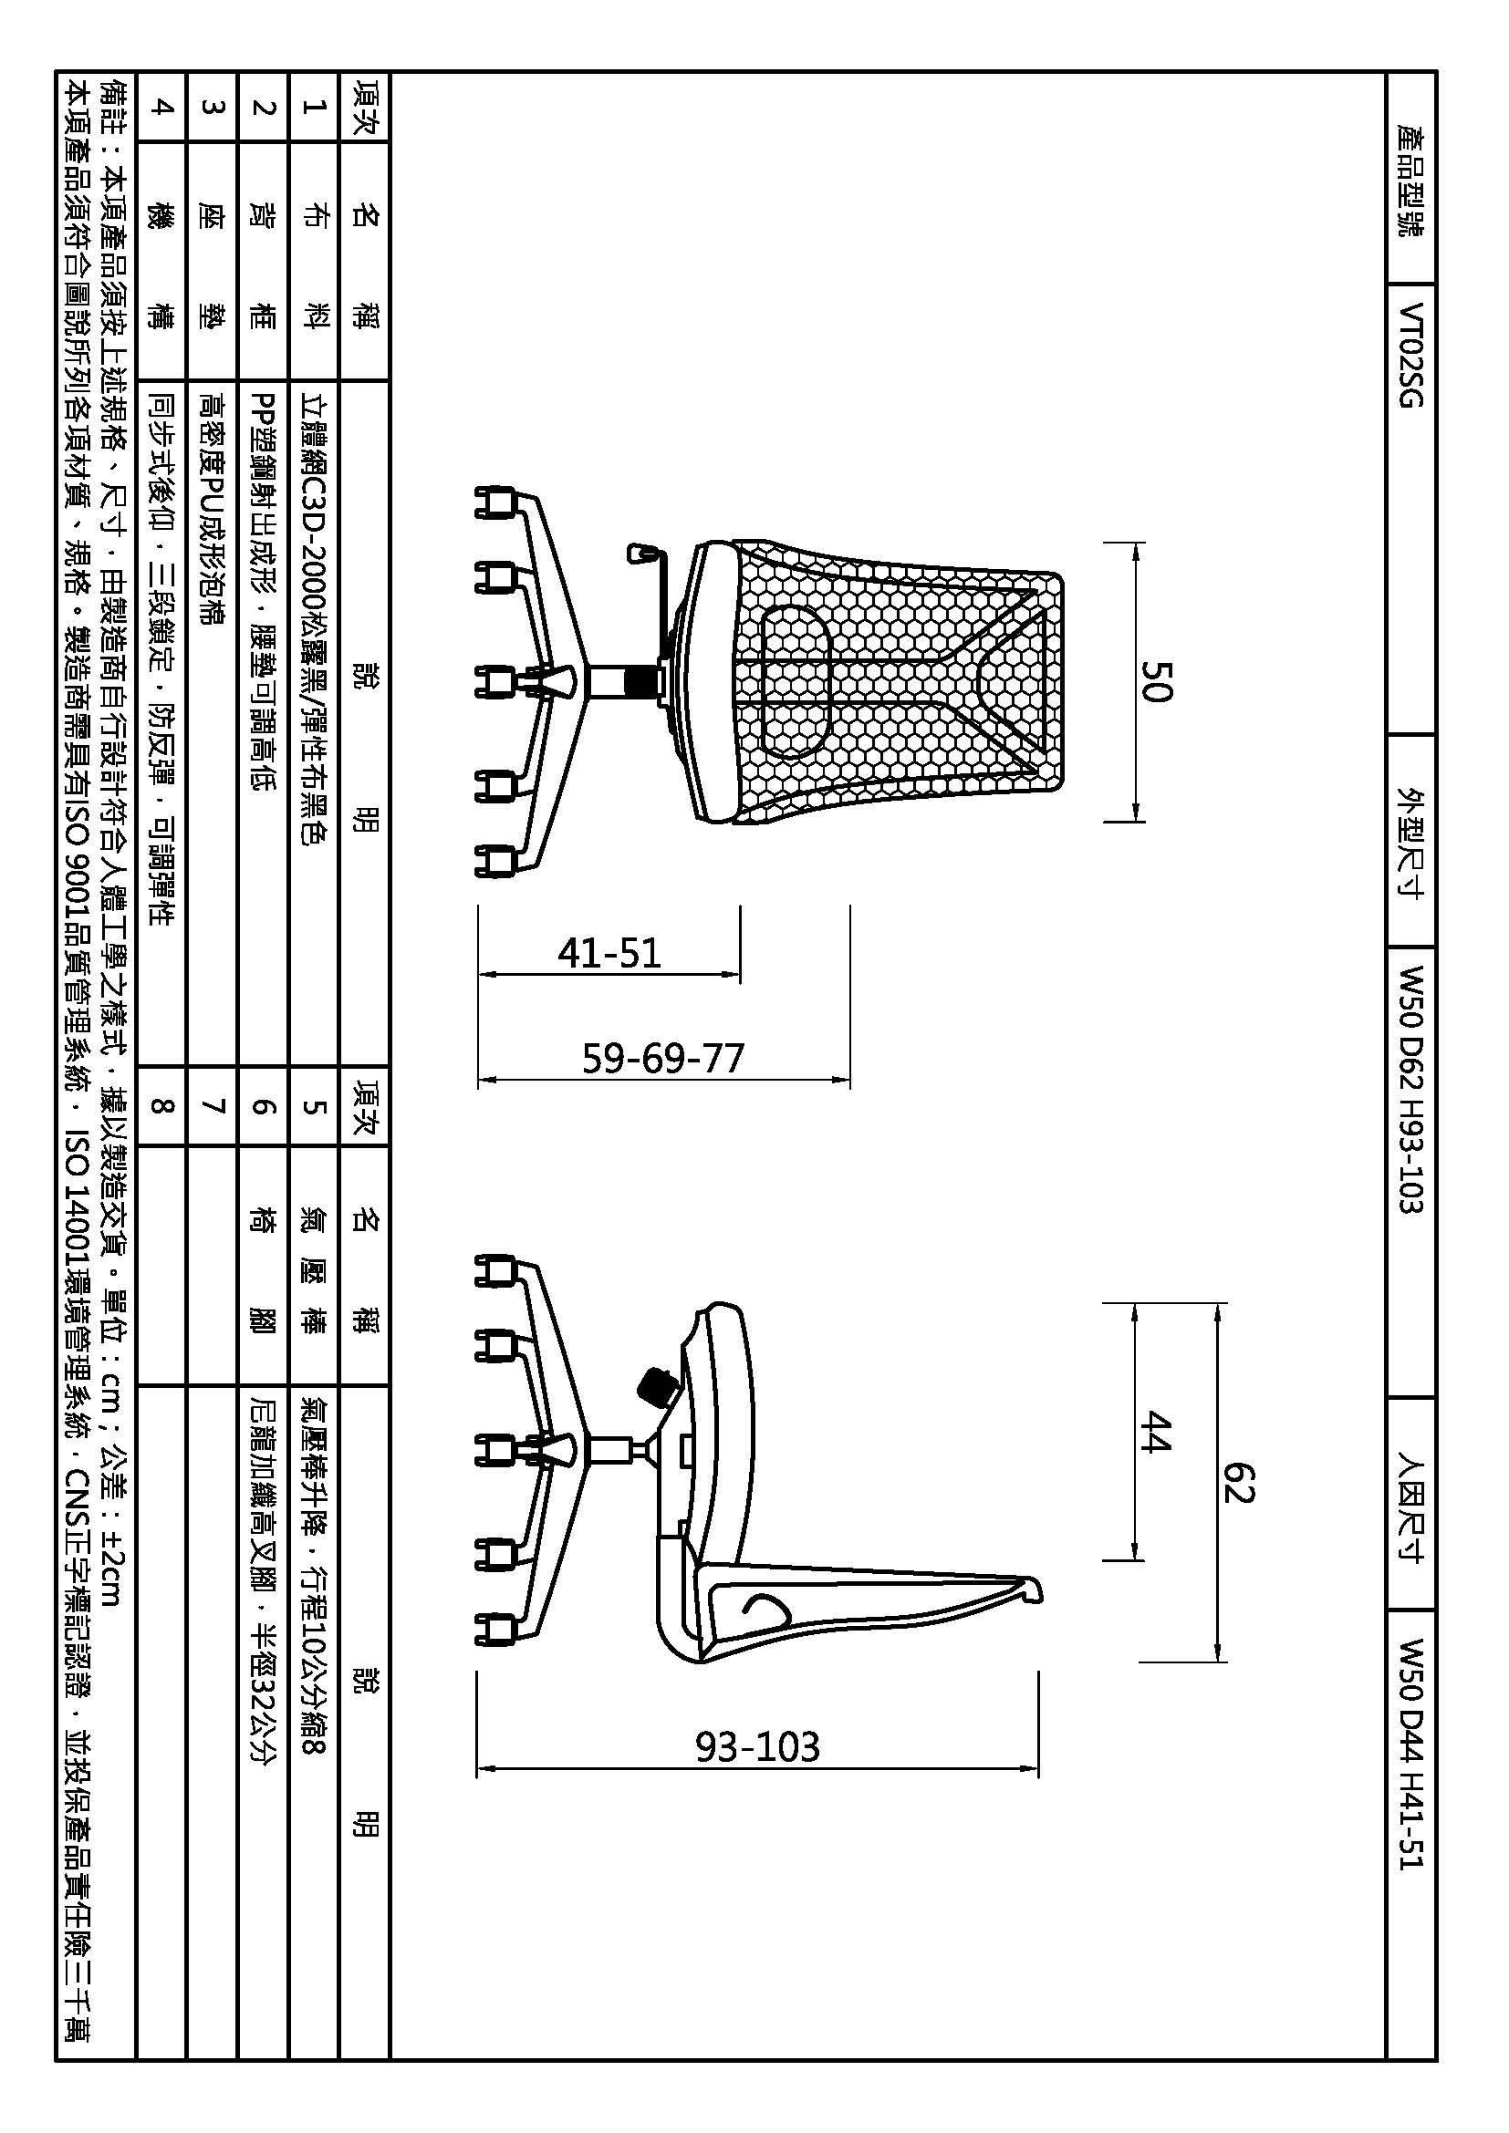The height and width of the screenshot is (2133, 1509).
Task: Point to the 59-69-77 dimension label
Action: (663, 1058)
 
